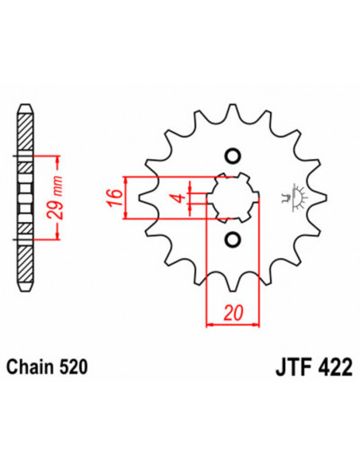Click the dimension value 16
(115, 195)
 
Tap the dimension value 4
(181, 196)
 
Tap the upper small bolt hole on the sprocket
(233, 154)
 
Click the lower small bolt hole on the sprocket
(233, 239)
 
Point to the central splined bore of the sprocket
(233, 196)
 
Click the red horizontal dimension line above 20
(233, 324)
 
